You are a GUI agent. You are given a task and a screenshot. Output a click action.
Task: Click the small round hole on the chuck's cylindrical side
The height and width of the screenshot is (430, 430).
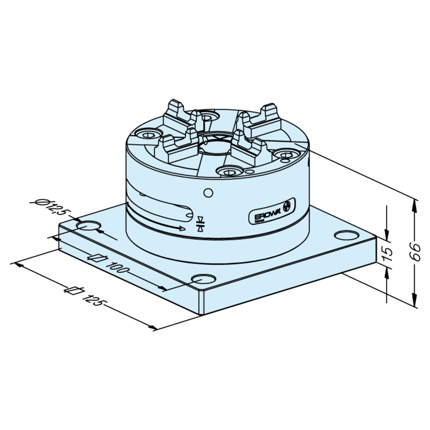[x=207, y=193]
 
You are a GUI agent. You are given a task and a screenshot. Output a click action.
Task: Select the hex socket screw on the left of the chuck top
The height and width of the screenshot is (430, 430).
[x=147, y=135]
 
